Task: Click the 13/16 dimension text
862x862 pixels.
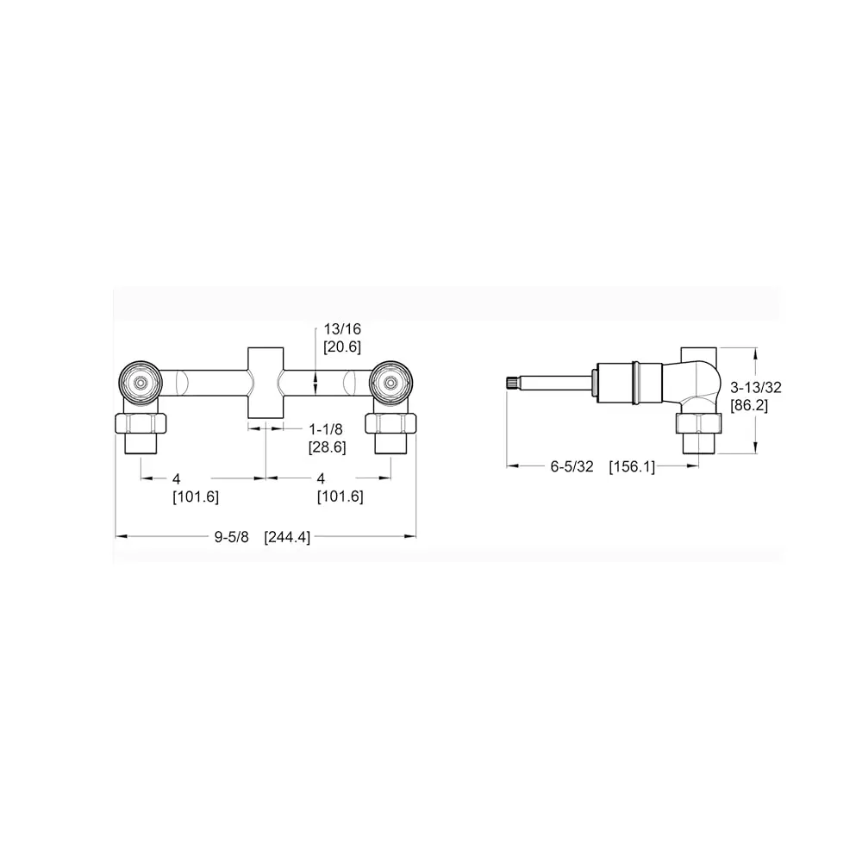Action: (342, 328)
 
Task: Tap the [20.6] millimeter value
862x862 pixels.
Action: (342, 347)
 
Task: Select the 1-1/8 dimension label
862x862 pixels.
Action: (326, 428)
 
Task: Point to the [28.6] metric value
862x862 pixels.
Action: (327, 447)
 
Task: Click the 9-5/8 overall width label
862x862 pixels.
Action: (231, 536)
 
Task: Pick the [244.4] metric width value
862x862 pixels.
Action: (287, 537)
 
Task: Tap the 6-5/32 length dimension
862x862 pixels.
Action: (572, 466)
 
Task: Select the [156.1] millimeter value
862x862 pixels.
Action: (632, 467)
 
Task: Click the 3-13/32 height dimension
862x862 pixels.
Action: (755, 387)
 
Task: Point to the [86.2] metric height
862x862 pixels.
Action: (749, 406)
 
